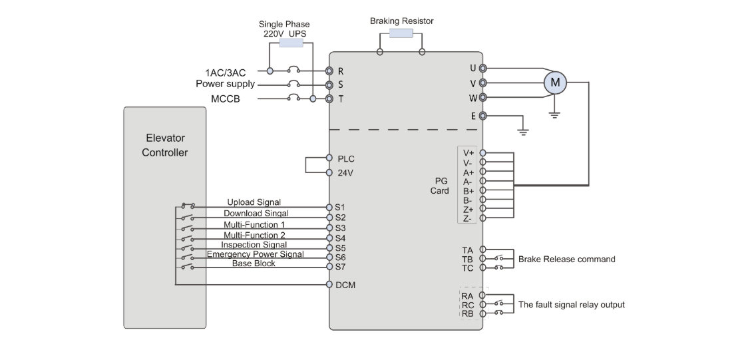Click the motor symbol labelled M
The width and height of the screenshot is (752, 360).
coord(555,83)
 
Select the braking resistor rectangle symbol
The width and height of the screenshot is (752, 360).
coord(401,33)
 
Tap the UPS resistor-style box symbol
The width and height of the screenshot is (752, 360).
coord(291,43)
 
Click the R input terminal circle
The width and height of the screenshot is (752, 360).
coord(329,71)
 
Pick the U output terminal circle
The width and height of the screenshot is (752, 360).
coord(483,69)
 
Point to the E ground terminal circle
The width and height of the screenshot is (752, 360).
coord(483,116)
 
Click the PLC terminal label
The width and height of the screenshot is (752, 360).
coord(346,159)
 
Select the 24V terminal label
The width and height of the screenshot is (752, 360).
coord(345,173)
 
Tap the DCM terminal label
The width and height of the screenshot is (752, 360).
coord(346,285)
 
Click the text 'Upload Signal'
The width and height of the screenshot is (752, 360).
coord(254,202)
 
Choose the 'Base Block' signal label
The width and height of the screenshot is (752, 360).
coord(254,264)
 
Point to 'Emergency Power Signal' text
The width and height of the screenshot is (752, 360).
coord(255,254)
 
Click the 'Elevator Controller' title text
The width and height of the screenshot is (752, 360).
coord(165,145)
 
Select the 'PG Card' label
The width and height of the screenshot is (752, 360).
coord(440,186)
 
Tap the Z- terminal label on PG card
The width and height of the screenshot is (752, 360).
coord(468,219)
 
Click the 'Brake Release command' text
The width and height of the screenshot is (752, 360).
coord(567,260)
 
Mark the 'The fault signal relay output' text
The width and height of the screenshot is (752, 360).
coord(572,305)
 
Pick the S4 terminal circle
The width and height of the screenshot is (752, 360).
coord(329,238)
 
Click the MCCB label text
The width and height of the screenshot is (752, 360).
coord(226,99)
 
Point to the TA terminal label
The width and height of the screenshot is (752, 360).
coord(468,250)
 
